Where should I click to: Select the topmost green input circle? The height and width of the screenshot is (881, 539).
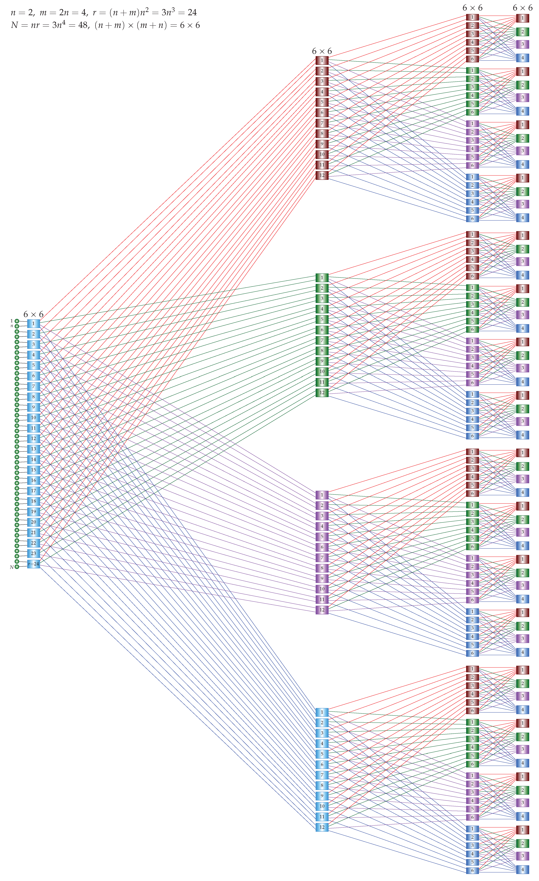point(17,321)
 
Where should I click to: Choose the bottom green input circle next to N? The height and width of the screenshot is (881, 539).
point(17,567)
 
